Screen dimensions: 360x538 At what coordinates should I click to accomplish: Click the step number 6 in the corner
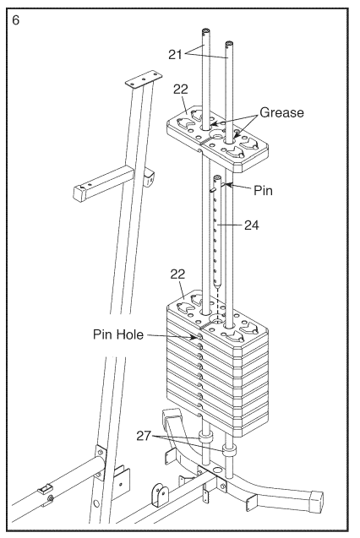point(16,20)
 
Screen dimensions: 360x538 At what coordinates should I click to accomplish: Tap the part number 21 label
point(175,54)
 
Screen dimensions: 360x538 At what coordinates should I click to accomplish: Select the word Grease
point(281,112)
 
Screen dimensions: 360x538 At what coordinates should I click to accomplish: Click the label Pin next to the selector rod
point(263,190)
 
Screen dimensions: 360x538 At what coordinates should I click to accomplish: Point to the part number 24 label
point(252,225)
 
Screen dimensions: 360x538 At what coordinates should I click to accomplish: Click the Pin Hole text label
point(118,334)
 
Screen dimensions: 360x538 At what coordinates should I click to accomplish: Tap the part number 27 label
point(144,436)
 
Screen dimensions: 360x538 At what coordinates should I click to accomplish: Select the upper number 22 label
point(181,90)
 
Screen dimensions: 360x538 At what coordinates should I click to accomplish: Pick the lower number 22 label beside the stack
point(177,274)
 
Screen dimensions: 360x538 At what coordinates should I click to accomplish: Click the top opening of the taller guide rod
point(206,31)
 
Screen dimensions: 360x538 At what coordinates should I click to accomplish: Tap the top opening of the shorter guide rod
point(229,44)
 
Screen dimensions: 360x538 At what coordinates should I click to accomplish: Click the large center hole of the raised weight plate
point(217,134)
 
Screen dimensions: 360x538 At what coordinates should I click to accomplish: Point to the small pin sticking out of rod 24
point(212,189)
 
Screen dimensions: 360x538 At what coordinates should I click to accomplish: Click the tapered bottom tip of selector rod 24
point(217,284)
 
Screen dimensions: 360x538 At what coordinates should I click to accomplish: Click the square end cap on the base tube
point(316,502)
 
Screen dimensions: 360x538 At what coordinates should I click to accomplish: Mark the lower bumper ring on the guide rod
point(229,450)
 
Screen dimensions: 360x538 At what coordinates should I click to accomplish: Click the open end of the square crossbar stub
point(79,193)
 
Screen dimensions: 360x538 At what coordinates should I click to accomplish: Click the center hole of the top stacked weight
point(217,318)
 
